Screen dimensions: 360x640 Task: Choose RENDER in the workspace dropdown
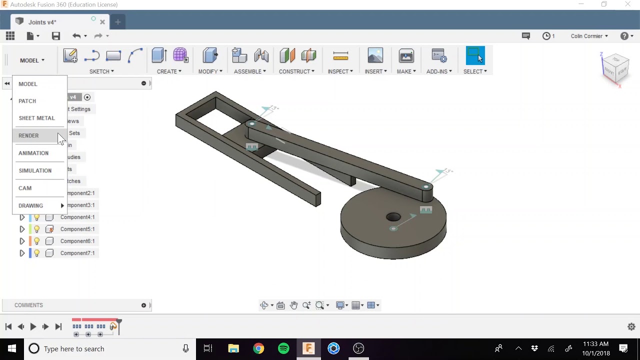pos(28,135)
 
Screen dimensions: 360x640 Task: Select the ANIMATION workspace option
pos(33,153)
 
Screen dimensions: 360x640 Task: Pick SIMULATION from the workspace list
pos(35,170)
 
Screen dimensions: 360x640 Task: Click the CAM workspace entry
pos(25,188)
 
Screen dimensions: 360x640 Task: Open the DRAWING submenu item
pos(31,205)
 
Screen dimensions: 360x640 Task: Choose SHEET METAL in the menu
pos(36,118)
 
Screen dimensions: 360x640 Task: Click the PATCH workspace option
pos(27,101)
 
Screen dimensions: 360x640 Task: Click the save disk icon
pos(56,36)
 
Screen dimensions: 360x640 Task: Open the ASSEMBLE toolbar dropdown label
pos(249,71)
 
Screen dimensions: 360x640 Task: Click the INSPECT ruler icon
pos(340,56)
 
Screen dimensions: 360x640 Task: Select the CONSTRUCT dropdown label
pos(296,71)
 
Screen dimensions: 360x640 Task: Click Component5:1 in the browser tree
pos(77,229)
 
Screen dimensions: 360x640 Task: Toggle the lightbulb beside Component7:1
pos(36,253)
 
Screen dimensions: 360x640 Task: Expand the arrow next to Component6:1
pos(22,241)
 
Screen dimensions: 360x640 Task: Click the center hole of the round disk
pos(393,217)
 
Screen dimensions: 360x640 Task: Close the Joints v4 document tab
pos(102,22)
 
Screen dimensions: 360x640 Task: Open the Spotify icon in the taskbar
pos(283,348)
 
